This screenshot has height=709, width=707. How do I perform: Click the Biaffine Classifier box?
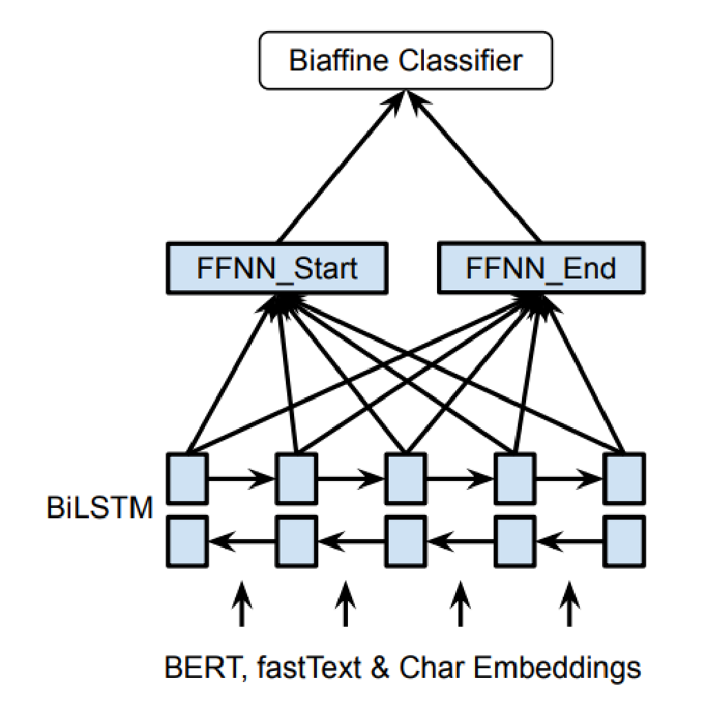[x=405, y=61]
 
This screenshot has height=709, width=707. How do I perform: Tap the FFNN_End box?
[x=541, y=267]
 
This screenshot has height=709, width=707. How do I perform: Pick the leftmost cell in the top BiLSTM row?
[x=188, y=478]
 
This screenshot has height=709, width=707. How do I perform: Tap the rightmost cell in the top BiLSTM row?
[x=624, y=478]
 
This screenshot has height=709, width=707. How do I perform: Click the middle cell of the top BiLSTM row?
[x=405, y=478]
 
